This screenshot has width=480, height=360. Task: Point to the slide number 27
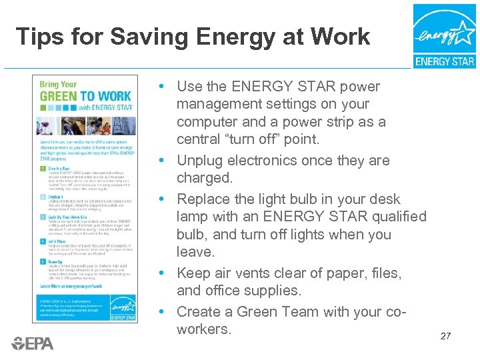click(445, 336)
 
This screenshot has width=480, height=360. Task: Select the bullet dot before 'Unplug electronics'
click(163, 161)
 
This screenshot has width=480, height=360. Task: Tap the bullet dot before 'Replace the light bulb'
click(163, 199)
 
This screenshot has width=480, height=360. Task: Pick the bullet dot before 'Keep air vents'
click(163, 273)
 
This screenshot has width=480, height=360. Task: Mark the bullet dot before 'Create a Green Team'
click(163, 312)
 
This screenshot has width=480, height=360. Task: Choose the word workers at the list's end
click(203, 329)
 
